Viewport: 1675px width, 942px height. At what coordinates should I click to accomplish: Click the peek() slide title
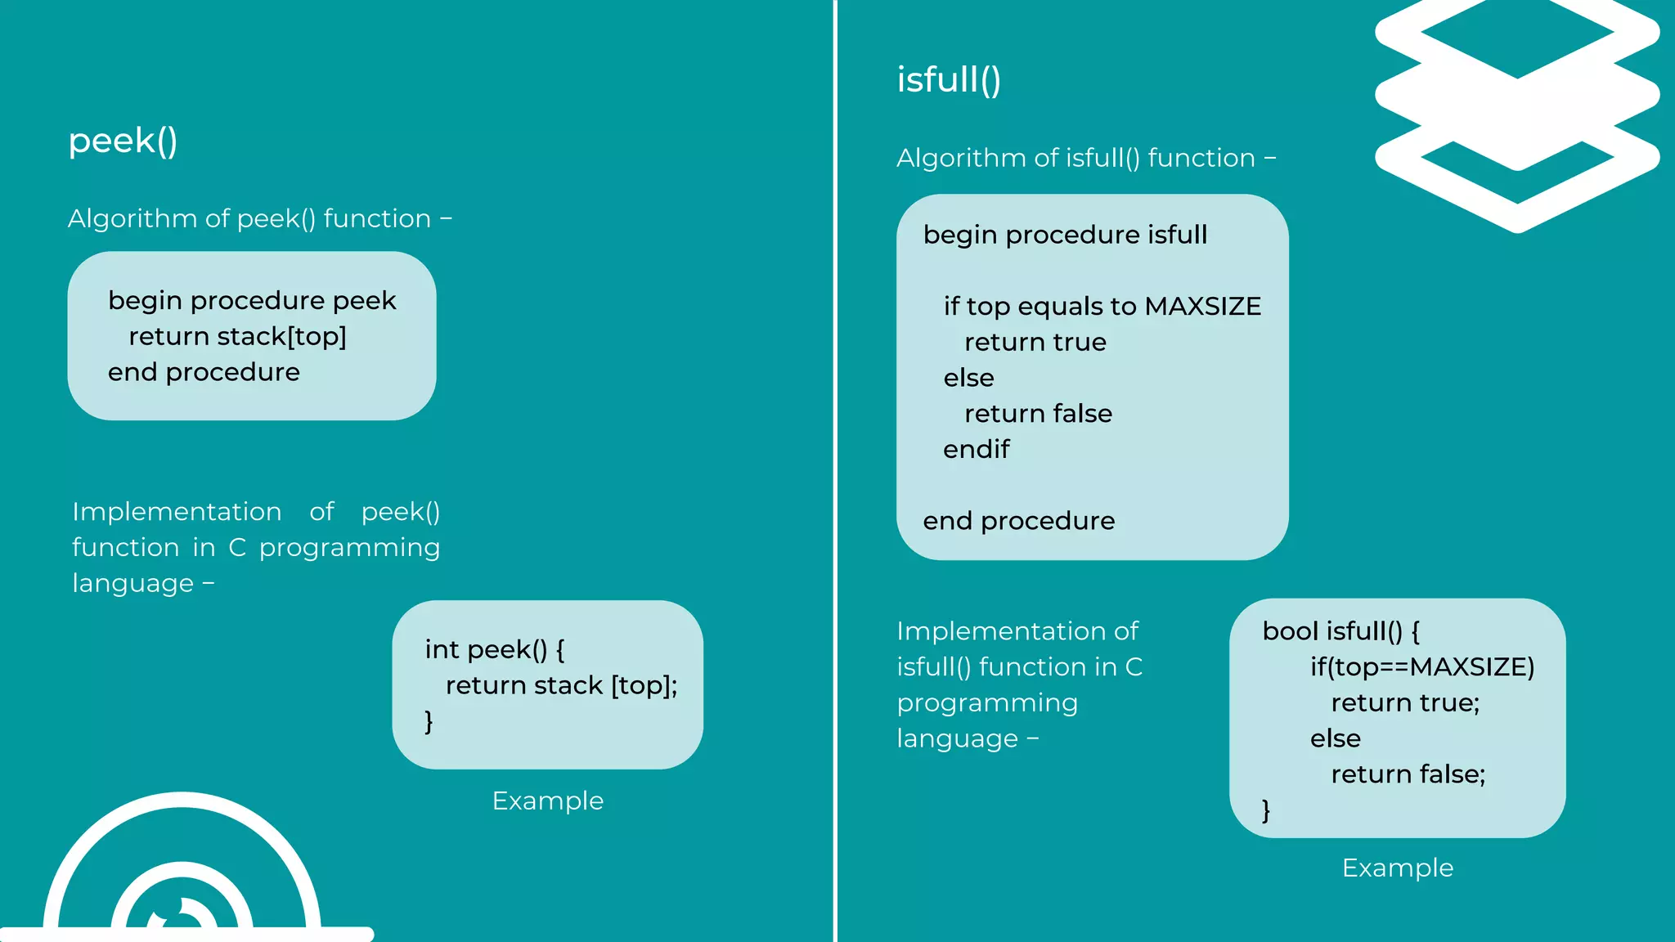tap(123, 141)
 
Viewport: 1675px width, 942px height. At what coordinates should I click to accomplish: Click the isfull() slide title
tap(949, 80)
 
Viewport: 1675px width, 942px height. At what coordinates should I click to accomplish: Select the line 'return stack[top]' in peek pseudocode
tap(237, 336)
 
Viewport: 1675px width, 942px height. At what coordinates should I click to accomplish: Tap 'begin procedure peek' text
tap(252, 300)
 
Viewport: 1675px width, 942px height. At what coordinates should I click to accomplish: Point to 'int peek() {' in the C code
tap(494, 649)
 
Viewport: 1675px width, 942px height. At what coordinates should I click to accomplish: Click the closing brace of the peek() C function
tap(429, 721)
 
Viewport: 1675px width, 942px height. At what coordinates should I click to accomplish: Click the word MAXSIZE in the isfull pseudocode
tap(1202, 306)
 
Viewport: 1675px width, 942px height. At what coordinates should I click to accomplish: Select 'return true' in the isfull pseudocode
tap(1035, 342)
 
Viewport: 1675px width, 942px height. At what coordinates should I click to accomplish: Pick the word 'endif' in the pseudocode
tap(976, 449)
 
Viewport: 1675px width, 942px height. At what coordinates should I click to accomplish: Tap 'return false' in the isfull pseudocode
tap(1038, 414)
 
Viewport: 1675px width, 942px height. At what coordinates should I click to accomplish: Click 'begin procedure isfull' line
tap(1065, 235)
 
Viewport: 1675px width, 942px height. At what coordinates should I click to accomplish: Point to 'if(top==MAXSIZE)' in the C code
tap(1422, 667)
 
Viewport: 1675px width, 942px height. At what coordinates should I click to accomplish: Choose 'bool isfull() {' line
tap(1341, 631)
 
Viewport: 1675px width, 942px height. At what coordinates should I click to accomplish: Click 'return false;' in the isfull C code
tap(1408, 774)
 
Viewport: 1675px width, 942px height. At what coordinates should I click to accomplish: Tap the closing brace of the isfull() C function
tap(1266, 810)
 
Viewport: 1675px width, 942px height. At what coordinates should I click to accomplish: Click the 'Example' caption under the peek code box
tap(547, 801)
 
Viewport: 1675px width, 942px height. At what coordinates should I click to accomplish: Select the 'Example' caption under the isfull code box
tap(1397, 868)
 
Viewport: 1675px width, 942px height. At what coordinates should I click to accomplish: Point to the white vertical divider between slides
tap(835, 471)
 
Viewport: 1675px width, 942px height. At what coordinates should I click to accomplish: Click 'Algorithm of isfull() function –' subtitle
tap(1085, 158)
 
